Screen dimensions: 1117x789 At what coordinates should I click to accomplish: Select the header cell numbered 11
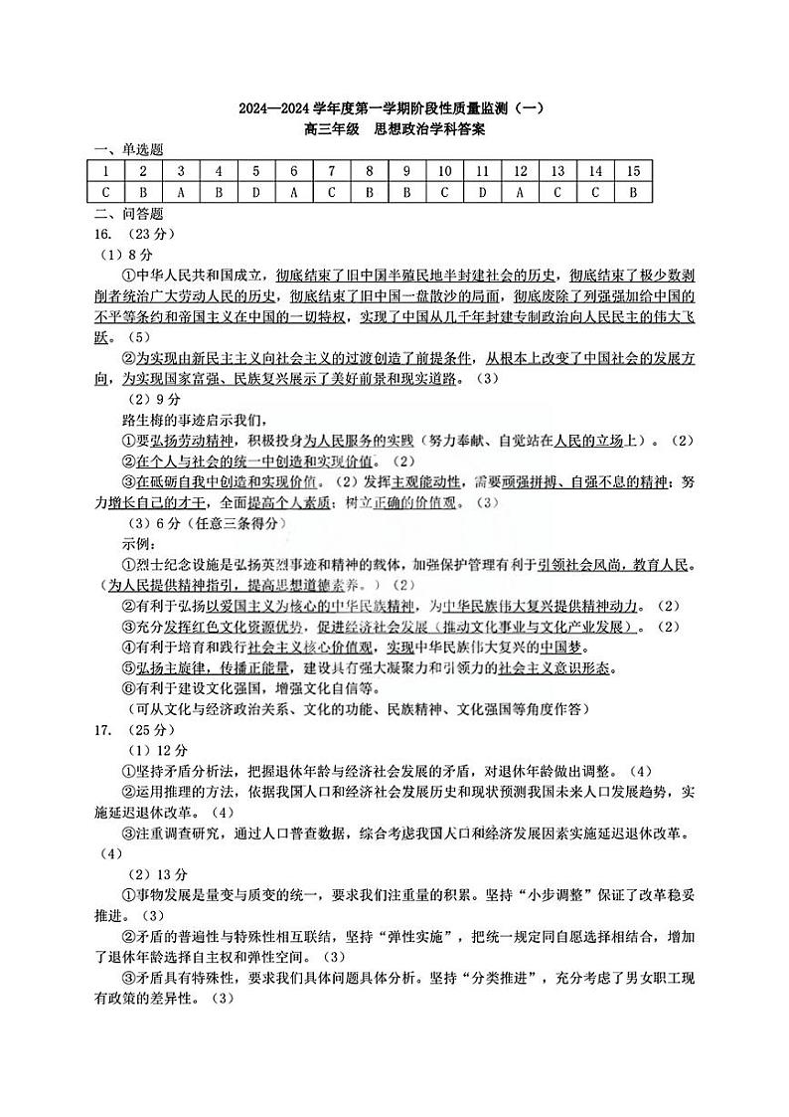(482, 171)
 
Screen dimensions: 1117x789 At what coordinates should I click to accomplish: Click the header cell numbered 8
(369, 171)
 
